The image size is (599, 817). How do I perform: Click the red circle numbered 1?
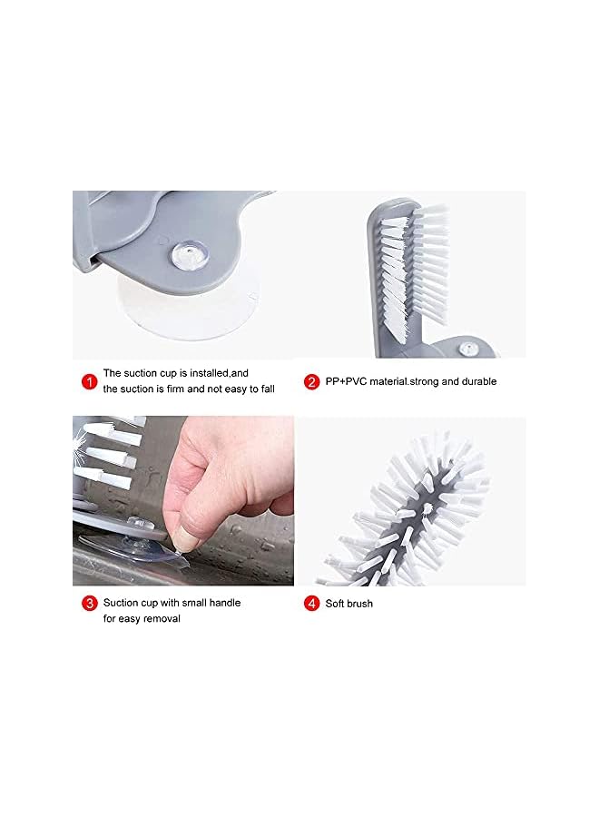[89, 381]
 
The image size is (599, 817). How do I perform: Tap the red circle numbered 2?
[311, 381]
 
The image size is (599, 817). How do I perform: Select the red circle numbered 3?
[89, 603]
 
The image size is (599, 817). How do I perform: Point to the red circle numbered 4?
[311, 603]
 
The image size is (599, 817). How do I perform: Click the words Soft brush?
[349, 604]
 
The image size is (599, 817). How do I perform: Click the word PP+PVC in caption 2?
[347, 382]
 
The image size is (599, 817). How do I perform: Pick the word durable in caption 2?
[477, 382]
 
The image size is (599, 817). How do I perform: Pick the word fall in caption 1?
[265, 389]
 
